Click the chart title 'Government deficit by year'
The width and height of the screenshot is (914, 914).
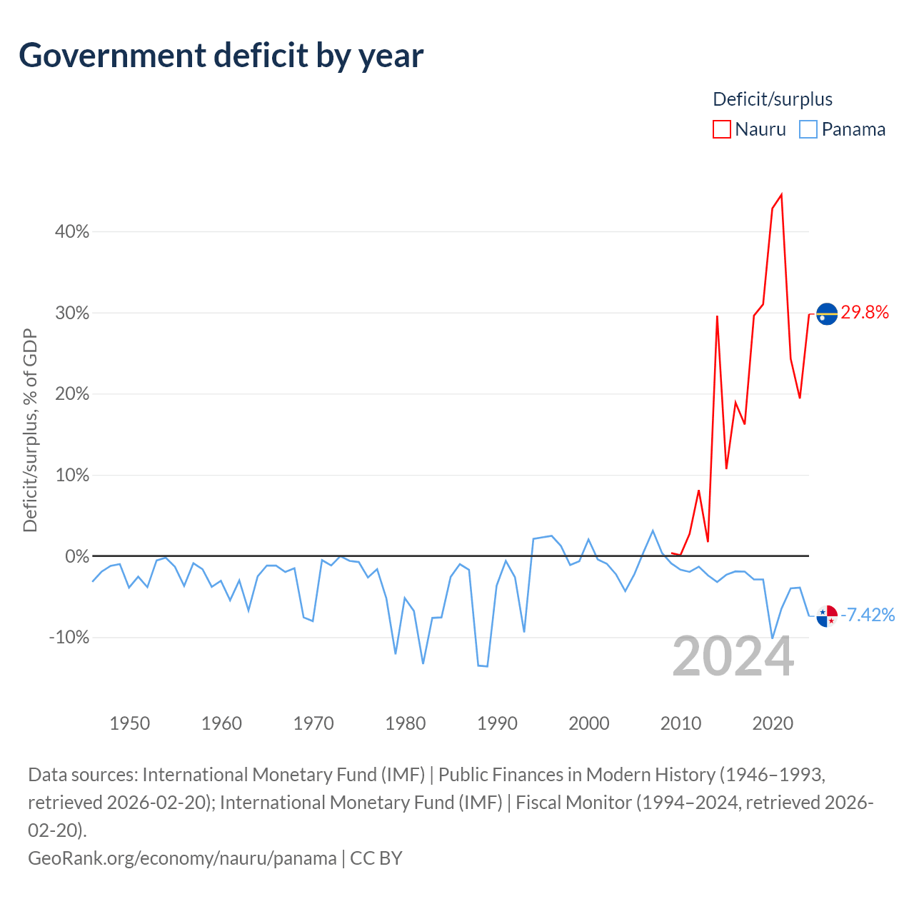point(221,56)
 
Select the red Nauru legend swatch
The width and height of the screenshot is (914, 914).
point(721,129)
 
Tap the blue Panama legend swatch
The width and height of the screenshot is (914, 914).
point(808,129)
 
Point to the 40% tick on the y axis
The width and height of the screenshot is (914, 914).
point(72,231)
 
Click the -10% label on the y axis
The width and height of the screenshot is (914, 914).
point(69,637)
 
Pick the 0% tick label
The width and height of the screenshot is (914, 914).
point(77,556)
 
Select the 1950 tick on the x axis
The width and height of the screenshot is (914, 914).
point(129,723)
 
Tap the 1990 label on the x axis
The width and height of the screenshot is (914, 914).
point(497,723)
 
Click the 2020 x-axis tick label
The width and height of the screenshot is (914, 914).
point(773,723)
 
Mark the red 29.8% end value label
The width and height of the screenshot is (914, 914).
point(865,312)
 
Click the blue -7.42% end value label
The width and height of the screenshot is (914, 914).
point(868,615)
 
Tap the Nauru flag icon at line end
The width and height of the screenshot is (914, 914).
point(827,313)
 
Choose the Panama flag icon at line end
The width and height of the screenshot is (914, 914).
point(827,616)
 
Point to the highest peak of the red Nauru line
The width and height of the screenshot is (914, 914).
point(781,194)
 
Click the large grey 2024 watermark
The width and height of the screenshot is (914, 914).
point(733,657)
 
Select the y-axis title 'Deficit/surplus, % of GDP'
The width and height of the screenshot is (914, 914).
point(31,430)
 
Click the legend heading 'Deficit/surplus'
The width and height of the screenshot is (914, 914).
point(772,99)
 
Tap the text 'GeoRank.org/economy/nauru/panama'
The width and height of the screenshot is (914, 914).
point(182,858)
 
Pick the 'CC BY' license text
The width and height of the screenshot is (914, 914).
point(376,858)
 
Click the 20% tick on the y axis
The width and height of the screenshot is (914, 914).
point(72,393)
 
